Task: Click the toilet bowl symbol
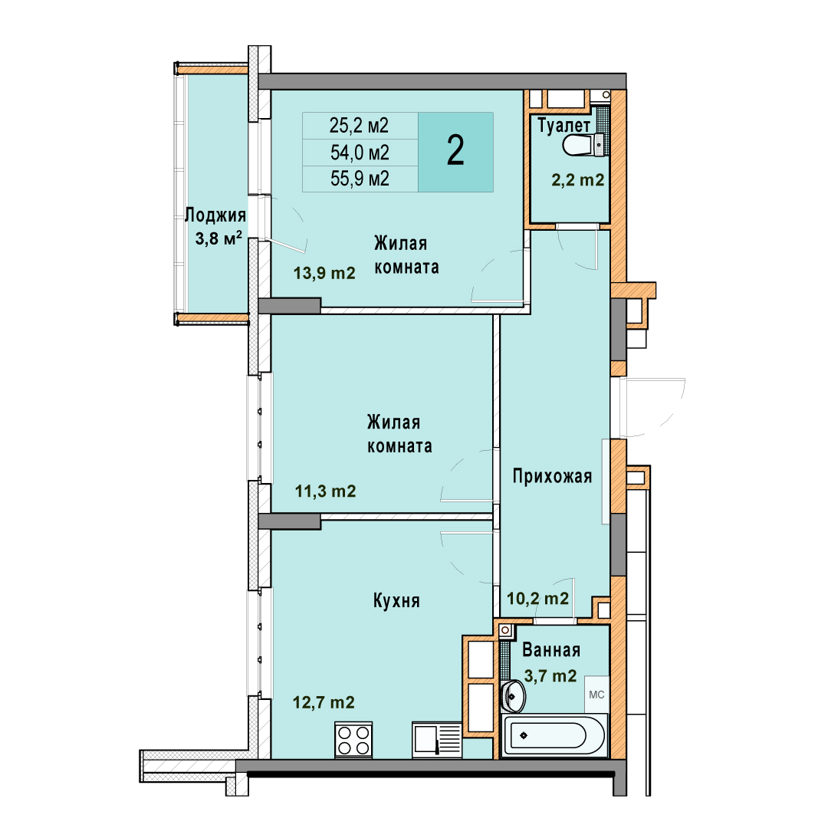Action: click(583, 145)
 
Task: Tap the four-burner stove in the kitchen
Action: click(353, 740)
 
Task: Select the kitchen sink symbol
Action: click(437, 740)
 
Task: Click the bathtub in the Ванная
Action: click(554, 735)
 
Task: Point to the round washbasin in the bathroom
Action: click(512, 695)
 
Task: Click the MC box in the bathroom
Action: click(596, 695)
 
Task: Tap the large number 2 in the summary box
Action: click(455, 150)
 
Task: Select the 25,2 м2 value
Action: click(359, 126)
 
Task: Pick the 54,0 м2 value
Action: click(360, 153)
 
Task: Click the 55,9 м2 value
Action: click(360, 179)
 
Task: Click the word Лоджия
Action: click(215, 215)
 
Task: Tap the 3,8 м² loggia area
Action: click(219, 238)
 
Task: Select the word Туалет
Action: click(564, 126)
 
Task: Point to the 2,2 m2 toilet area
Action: click(578, 180)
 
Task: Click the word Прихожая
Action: click(552, 476)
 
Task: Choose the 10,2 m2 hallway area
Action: click(537, 598)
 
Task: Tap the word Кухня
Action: click(396, 601)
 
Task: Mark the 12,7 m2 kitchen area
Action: click(324, 702)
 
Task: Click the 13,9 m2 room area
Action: click(324, 273)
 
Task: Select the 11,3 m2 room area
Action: click(325, 491)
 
